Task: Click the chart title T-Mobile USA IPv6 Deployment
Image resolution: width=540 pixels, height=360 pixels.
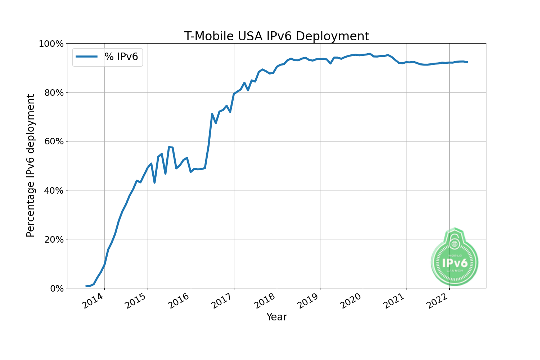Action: click(x=276, y=36)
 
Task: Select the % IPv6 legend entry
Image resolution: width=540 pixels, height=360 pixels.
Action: click(x=121, y=57)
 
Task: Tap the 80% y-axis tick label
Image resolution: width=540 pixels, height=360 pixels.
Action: click(x=53, y=93)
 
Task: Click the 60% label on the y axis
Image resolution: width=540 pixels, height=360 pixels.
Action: click(x=53, y=141)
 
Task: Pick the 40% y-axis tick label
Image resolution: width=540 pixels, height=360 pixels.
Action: click(x=53, y=190)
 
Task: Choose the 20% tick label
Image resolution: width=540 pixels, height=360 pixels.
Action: click(x=53, y=239)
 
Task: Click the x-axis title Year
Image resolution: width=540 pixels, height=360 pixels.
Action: click(x=276, y=317)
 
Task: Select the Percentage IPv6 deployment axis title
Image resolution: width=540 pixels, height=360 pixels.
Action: click(x=31, y=166)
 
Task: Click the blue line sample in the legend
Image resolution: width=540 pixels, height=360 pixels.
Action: click(x=86, y=57)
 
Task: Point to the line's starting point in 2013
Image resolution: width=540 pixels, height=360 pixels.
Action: click(x=86, y=286)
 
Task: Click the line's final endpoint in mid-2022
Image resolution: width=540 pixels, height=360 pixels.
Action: click(x=467, y=62)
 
